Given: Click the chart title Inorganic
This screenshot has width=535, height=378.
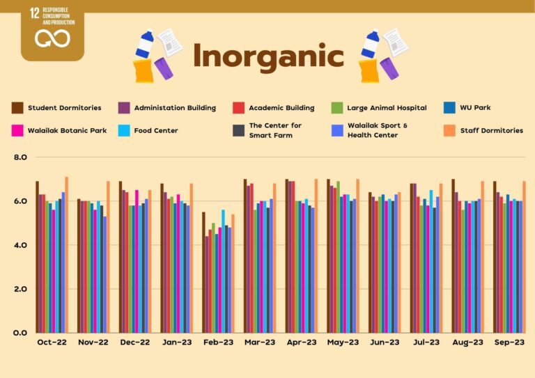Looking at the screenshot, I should [x=268, y=56].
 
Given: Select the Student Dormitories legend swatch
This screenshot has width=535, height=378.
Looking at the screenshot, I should [x=17, y=108].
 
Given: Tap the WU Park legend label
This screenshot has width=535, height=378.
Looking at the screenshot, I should [x=475, y=108].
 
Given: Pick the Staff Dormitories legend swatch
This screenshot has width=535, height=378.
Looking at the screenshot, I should [x=449, y=130].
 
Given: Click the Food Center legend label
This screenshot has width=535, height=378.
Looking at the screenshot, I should [x=155, y=130].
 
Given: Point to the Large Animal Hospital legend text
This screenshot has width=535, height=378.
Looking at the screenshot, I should [x=389, y=108].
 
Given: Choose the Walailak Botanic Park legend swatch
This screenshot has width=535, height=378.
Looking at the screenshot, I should [x=17, y=130].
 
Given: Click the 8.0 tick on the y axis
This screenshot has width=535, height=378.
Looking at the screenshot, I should [x=20, y=157].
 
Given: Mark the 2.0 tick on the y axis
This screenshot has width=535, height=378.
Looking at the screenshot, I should [x=20, y=289].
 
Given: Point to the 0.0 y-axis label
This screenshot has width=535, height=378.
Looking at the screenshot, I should [x=20, y=333].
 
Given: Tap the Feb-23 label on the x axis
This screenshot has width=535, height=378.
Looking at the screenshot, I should [x=217, y=342].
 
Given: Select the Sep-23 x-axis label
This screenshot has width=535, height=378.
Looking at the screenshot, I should [x=509, y=342].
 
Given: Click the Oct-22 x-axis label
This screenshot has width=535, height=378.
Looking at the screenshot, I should [x=52, y=342].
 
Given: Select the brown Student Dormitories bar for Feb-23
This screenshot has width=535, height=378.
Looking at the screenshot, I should [x=203, y=272].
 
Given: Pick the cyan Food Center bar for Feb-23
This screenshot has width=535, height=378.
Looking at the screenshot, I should [x=223, y=271].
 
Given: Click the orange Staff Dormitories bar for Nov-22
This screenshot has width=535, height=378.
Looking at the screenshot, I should [x=108, y=257].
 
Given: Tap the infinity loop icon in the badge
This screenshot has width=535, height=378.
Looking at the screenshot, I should [x=52, y=38].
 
